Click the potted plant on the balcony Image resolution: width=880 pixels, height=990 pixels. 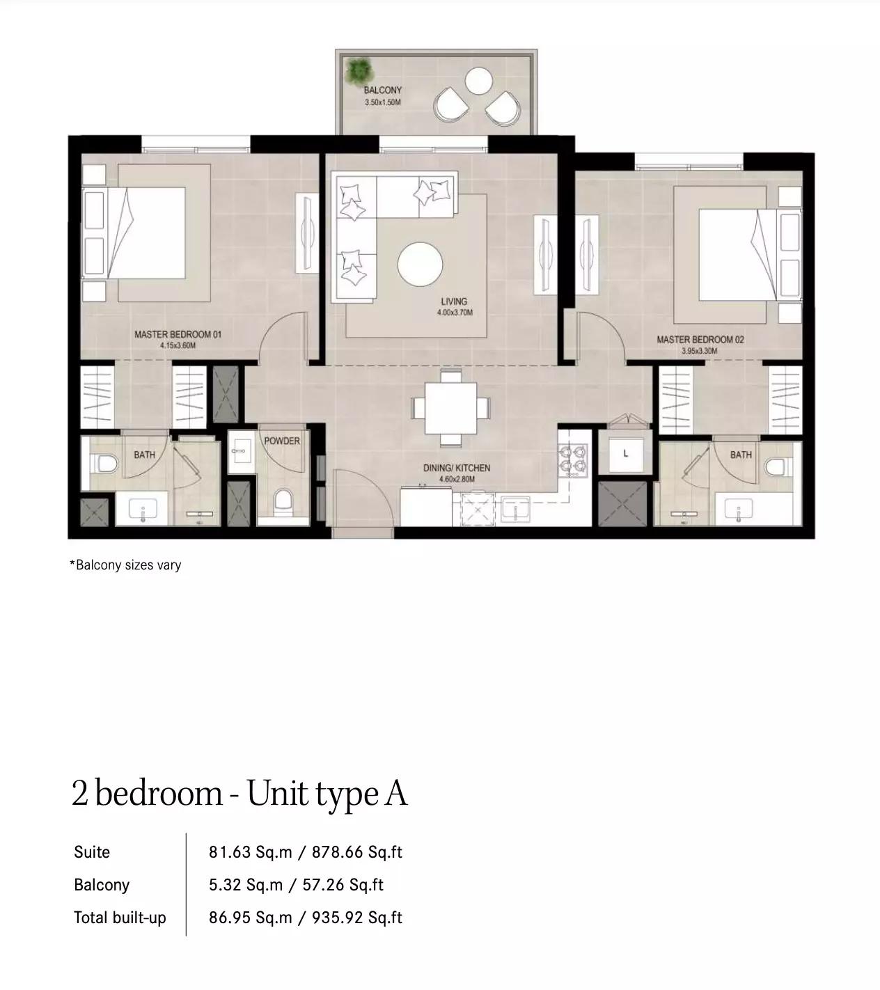pos(359,71)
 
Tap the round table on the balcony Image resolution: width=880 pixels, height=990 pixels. pos(478,81)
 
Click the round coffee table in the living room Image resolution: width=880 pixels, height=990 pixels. pos(421,265)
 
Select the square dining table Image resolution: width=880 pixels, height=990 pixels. pos(450,409)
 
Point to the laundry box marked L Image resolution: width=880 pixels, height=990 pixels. pos(626,454)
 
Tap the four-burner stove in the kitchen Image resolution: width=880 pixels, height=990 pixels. pos(573,459)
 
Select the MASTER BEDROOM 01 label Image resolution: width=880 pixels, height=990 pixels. pos(178,335)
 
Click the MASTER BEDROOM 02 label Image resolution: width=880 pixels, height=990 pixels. pos(700,340)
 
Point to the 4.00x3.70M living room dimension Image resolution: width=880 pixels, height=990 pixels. pos(455,313)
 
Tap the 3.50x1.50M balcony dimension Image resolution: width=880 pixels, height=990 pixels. pos(383,102)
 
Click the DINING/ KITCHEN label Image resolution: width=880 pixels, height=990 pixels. pos(457,468)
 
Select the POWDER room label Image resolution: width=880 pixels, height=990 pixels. pos(282,441)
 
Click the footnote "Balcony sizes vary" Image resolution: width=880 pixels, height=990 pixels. pos(129,565)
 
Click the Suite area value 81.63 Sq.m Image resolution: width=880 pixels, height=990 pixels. pos(250,853)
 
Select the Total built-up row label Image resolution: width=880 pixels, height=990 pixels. pos(120,918)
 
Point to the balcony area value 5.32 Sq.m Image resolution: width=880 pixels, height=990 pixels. pos(245,885)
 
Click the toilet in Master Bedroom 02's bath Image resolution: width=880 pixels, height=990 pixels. pos(774,466)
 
